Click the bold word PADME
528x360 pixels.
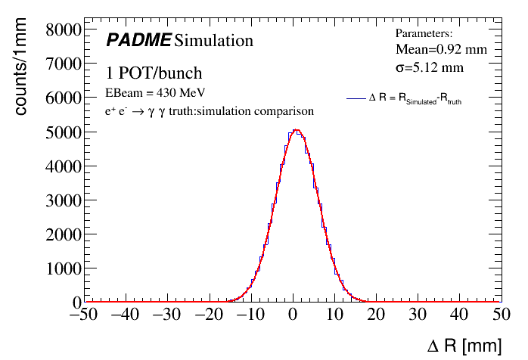pos(138,40)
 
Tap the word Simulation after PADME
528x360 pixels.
pos(213,40)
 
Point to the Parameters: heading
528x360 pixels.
pos(424,33)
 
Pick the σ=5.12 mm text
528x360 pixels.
pos(430,67)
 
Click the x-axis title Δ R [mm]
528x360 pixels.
pos(464,346)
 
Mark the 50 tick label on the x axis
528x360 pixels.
pos(500,315)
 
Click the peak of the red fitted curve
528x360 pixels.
pos(297,131)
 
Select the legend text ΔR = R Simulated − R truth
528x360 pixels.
pos(415,99)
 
